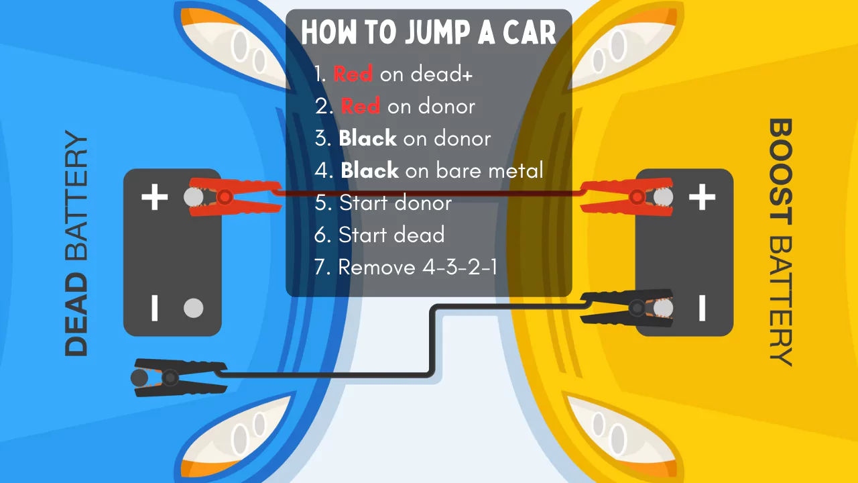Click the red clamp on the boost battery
coord(626,196)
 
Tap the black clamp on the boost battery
coord(627,309)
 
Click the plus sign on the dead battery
coord(154,197)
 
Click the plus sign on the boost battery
coord(702,197)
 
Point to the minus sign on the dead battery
coord(155,308)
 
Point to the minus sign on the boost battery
coord(702,308)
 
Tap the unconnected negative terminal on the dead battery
coord(193,308)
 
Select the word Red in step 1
coord(353,74)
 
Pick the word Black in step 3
coord(367,138)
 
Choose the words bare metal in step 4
coord(489,170)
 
